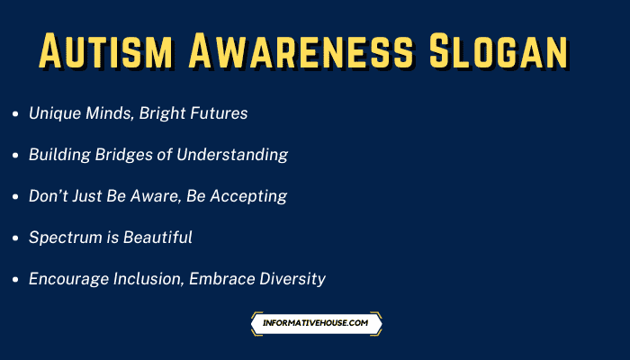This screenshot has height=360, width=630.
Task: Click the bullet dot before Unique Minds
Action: tap(15, 114)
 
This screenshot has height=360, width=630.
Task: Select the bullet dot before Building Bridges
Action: tap(15, 156)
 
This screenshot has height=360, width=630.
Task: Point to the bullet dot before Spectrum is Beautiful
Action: tap(15, 238)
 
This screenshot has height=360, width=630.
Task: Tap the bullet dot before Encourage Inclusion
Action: tap(15, 280)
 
